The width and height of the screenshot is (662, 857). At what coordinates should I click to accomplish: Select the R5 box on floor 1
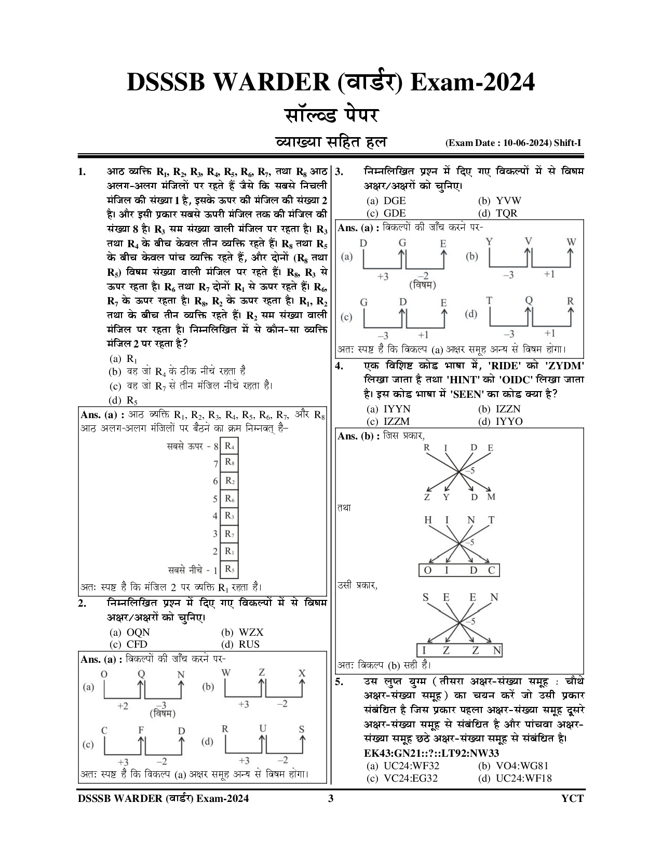229,569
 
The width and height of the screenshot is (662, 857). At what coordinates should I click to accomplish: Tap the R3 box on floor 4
229,516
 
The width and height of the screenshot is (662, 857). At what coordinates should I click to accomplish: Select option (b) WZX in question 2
244,632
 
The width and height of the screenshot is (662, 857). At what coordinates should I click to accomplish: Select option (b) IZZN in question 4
499,409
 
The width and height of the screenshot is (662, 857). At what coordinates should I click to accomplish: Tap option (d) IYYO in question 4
500,421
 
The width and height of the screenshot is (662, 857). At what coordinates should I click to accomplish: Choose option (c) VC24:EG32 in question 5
402,778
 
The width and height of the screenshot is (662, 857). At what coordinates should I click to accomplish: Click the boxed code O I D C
459,570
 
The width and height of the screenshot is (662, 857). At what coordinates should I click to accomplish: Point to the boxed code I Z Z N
460,650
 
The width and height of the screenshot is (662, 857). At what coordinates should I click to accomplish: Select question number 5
339,682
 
